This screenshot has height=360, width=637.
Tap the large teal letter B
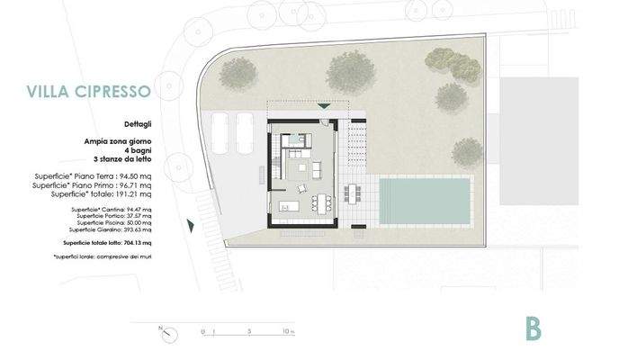coord(534,328)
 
